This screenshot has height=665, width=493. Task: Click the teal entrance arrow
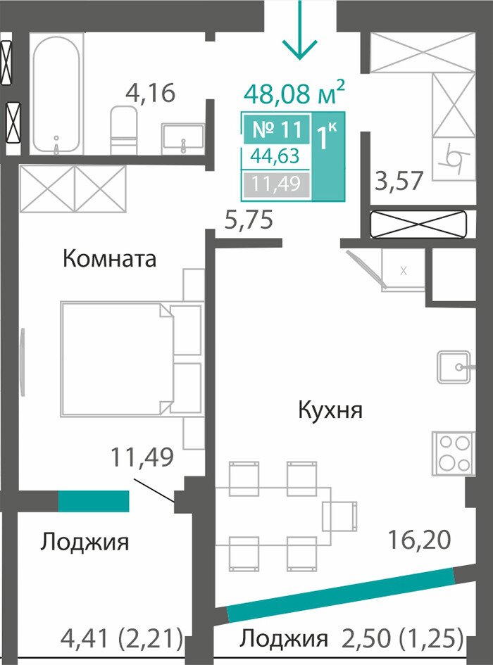click(x=300, y=30)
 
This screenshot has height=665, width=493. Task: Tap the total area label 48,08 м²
click(x=294, y=93)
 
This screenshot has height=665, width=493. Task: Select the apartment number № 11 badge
click(x=277, y=129)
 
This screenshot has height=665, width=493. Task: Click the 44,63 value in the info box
click(x=275, y=156)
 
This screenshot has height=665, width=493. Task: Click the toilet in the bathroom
click(x=124, y=130)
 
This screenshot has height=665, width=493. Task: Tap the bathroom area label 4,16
click(x=150, y=93)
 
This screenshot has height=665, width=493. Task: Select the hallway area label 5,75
click(x=249, y=220)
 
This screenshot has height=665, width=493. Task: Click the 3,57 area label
click(x=399, y=180)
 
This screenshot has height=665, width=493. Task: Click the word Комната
click(x=110, y=258)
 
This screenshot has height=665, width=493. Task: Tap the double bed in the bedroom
click(x=117, y=358)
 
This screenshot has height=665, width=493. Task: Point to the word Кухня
click(x=330, y=410)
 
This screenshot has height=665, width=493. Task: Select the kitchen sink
click(x=455, y=367)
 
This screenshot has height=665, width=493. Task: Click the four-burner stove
click(x=453, y=453)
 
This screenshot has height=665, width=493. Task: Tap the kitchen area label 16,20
click(x=419, y=540)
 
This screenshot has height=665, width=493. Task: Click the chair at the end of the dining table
click(x=339, y=516)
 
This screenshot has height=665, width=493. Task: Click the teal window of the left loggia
click(x=94, y=501)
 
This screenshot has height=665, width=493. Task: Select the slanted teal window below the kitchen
click(x=341, y=595)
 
